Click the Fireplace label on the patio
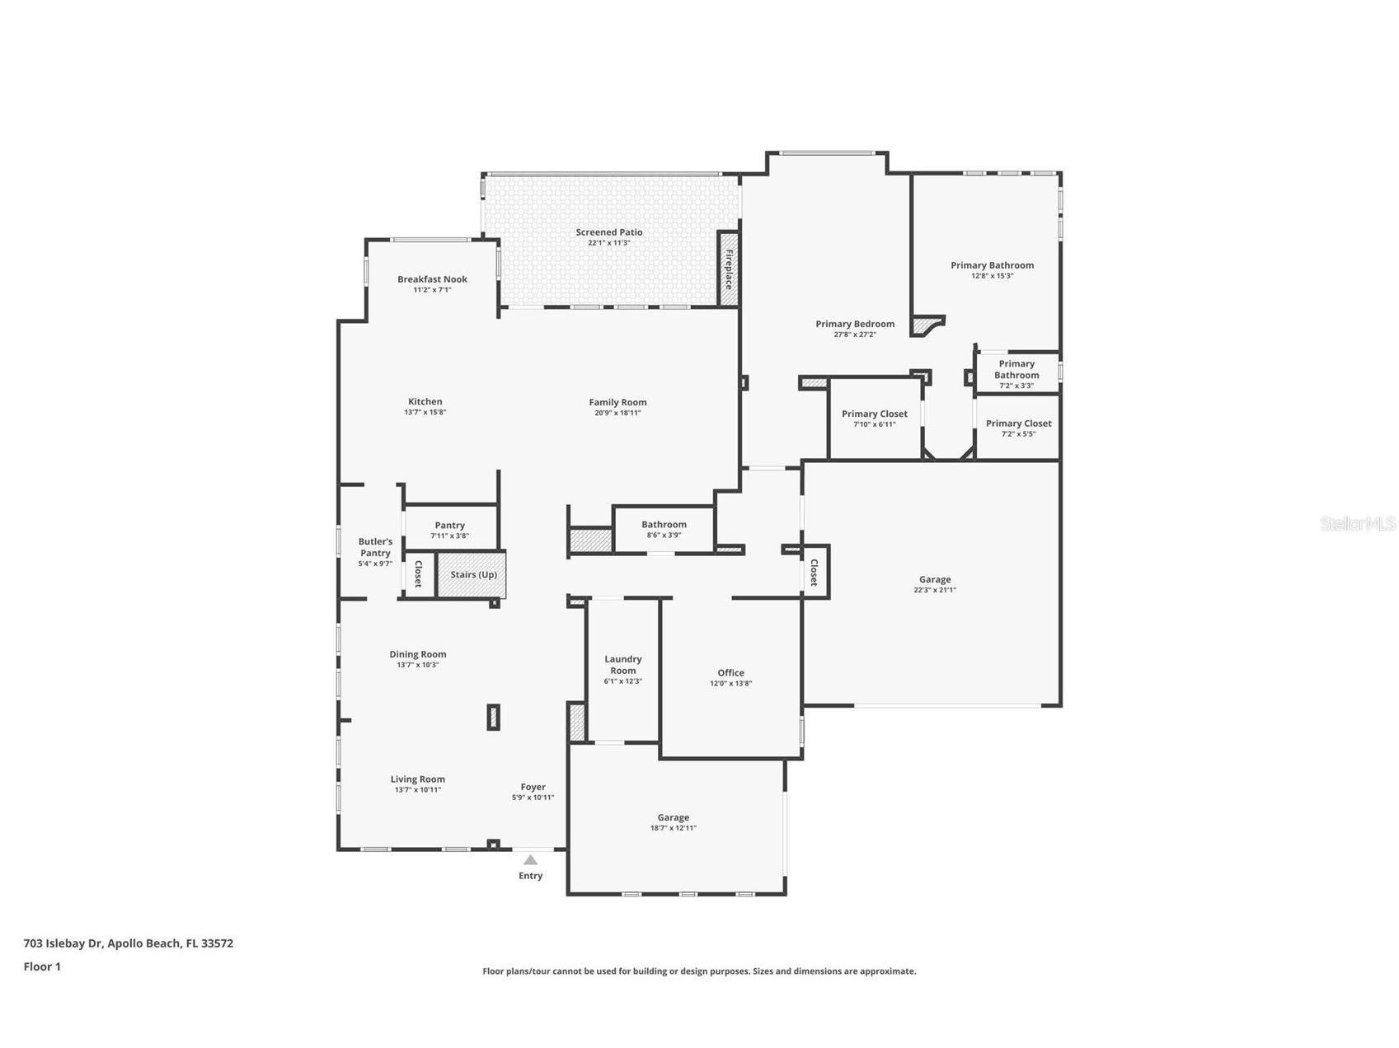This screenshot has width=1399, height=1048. click(729, 269)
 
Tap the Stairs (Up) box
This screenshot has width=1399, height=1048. click(473, 574)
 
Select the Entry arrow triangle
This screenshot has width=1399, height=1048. click(530, 859)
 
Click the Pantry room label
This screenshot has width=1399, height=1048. click(449, 525)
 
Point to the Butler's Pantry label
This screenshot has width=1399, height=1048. click(375, 547)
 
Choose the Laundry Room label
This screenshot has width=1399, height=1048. click(622, 664)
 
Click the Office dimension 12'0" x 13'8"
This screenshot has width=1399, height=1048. click(730, 683)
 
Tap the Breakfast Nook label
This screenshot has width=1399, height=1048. click(432, 279)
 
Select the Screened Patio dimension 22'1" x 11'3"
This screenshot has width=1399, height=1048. click(608, 243)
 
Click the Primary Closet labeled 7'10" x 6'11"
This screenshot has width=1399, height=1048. click(874, 414)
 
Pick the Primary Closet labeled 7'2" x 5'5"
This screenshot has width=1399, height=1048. click(1018, 423)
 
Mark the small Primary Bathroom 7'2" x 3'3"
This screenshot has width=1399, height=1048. click(1016, 370)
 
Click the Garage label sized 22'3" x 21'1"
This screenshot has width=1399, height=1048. click(934, 579)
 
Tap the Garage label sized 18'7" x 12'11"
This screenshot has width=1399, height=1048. click(673, 817)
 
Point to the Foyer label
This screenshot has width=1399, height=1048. click(533, 787)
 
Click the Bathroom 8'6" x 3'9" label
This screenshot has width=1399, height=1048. click(664, 525)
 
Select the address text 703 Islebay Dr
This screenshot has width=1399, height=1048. click(129, 943)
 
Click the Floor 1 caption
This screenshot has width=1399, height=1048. click(42, 966)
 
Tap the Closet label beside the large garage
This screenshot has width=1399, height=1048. click(814, 572)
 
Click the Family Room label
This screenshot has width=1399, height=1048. click(617, 402)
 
